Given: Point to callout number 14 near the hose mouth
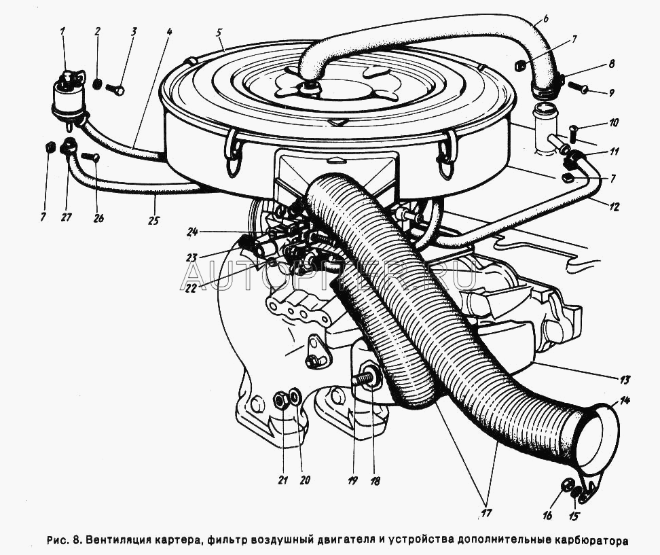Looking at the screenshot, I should pyautogui.click(x=625, y=401).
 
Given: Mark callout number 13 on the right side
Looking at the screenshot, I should pyautogui.click(x=625, y=378).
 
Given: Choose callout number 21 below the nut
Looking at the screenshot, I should pyautogui.click(x=282, y=480).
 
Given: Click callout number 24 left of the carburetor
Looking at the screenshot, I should pyautogui.click(x=193, y=232).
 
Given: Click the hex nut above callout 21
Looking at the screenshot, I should pyautogui.click(x=280, y=400).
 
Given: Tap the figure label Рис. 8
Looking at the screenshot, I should pyautogui.click(x=65, y=541).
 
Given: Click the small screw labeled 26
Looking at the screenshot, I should pyautogui.click(x=90, y=158).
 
